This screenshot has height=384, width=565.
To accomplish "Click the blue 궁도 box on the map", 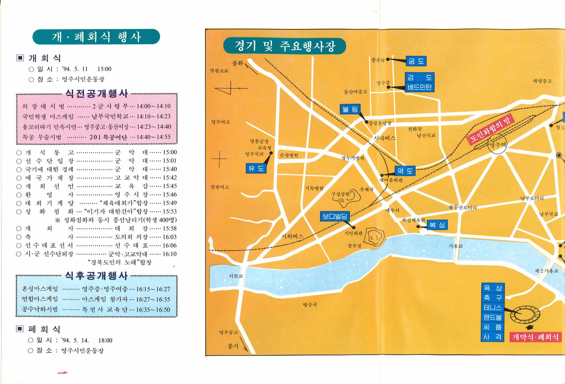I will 416,61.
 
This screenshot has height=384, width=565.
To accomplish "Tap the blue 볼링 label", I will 350,109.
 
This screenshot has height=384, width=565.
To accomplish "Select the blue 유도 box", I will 256,168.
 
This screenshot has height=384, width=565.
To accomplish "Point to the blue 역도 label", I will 405,171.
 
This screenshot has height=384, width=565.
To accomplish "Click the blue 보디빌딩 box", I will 335,216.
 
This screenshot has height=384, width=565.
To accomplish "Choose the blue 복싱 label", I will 437,225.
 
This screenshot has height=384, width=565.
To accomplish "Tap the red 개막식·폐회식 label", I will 535,337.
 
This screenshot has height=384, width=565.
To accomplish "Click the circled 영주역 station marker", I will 497,144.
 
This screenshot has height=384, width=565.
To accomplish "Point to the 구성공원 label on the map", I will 340,194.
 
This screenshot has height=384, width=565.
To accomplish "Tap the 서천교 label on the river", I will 236,276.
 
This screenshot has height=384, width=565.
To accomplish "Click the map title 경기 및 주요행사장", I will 284,46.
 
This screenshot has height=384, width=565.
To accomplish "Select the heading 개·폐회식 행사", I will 96,37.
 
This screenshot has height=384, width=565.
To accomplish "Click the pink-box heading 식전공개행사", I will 97,94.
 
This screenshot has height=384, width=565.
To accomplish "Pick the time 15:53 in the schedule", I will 169,211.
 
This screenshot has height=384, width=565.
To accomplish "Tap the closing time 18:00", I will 105,340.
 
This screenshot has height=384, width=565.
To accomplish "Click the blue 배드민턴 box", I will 419,87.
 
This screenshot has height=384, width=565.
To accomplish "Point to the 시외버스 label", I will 292,236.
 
